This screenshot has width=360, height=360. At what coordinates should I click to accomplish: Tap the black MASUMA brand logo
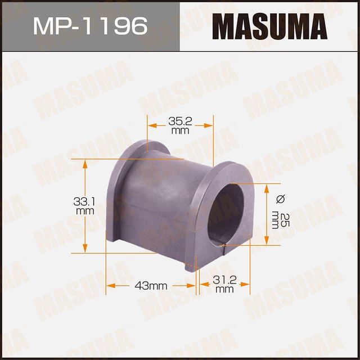pyautogui.click(x=270, y=25)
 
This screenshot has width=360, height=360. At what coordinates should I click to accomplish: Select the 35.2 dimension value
pyautogui.click(x=180, y=120)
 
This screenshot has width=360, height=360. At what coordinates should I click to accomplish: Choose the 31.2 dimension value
pyautogui.click(x=224, y=280)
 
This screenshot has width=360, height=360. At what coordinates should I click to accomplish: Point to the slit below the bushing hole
pyautogui.click(x=221, y=246)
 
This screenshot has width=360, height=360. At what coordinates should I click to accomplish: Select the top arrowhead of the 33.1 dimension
pyautogui.click(x=85, y=164)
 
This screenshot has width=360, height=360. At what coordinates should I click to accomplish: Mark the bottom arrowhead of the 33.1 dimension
pyautogui.click(x=85, y=249)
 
